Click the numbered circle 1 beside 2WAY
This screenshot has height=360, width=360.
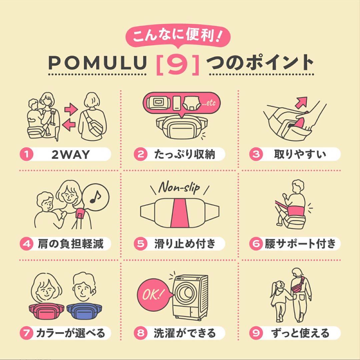point(26,154)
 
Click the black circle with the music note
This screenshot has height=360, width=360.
point(95,199)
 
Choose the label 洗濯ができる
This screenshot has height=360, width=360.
point(185,333)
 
